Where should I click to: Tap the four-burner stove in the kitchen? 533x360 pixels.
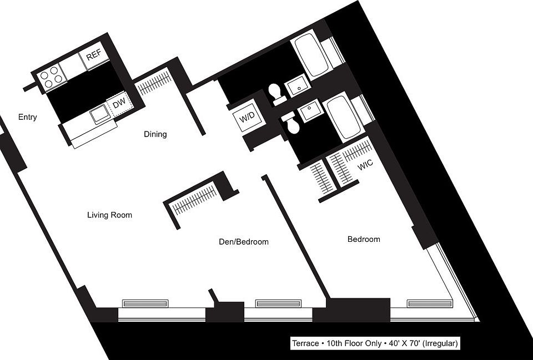(50, 78)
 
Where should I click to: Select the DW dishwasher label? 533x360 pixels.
(119, 104)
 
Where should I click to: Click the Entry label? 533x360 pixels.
(27, 117)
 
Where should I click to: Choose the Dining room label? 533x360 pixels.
(155, 134)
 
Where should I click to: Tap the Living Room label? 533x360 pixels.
(109, 215)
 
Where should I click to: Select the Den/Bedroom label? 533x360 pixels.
(242, 242)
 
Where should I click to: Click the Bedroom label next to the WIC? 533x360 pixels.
(364, 239)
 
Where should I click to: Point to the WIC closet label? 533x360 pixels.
(365, 165)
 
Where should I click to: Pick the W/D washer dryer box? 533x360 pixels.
(247, 118)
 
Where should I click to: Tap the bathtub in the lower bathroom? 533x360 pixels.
(342, 117)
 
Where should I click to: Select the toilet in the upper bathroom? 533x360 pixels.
(276, 93)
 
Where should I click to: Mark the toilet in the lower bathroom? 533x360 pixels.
(291, 123)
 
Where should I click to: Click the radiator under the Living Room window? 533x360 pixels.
(145, 303)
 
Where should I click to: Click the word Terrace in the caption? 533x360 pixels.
(305, 344)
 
